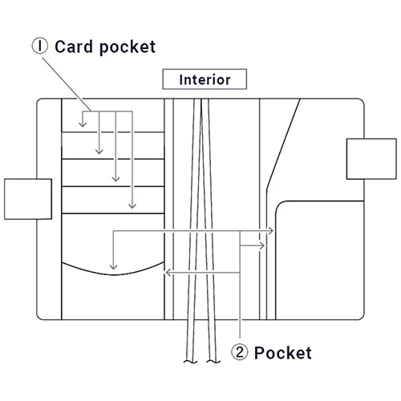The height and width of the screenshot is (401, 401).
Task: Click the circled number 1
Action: (40, 46)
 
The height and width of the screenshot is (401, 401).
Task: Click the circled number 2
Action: (240, 352)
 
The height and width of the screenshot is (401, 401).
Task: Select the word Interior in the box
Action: (205, 79)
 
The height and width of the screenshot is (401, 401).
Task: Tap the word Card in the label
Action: (74, 47)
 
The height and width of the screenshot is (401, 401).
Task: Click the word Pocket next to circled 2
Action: (283, 353)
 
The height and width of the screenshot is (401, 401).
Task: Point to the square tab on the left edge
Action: (28, 199)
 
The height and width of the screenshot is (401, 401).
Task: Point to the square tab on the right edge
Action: (371, 159)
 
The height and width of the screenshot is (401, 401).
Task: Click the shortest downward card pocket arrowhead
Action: (83, 124)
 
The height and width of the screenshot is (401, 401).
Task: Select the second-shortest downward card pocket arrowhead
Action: (99, 152)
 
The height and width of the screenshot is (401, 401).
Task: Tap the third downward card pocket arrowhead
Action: (115, 179)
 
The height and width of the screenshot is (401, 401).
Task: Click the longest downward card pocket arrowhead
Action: (132, 205)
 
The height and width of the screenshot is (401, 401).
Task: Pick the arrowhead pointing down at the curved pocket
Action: (113, 266)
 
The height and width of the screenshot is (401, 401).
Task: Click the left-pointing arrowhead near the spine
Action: (168, 273)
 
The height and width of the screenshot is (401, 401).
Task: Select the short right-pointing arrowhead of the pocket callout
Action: (262, 245)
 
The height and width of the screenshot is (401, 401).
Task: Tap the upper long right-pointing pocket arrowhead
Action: (270, 230)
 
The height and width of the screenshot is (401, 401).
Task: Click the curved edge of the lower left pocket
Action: (113, 274)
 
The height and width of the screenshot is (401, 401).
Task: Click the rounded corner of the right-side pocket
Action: (280, 205)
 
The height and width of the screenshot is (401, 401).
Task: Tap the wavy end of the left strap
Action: (190, 362)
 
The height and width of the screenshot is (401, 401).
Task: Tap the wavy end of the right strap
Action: (213, 362)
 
